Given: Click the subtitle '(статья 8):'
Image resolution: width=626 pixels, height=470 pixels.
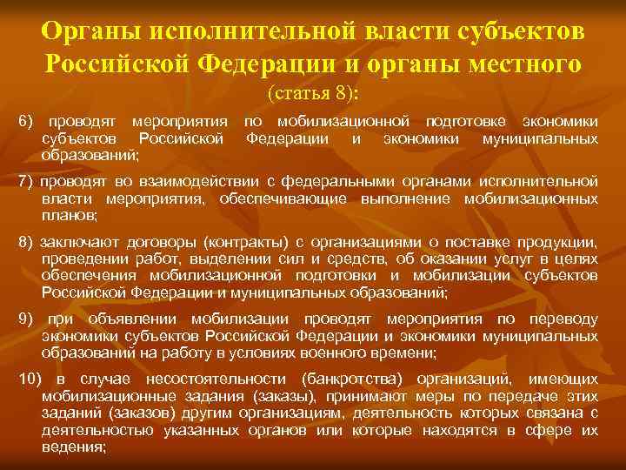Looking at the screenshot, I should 313,92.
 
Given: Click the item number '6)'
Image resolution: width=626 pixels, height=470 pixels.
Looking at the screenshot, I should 26,123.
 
